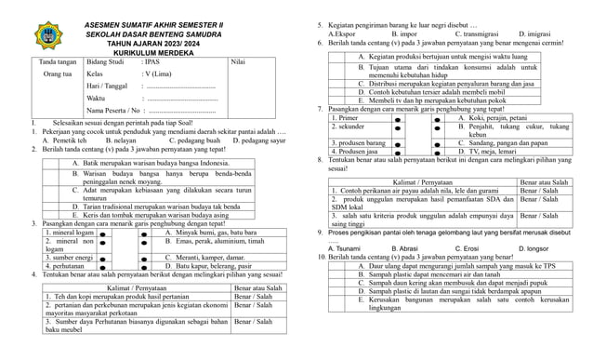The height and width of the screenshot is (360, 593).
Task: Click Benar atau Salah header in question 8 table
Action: pyautogui.click(x=544, y=182)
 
